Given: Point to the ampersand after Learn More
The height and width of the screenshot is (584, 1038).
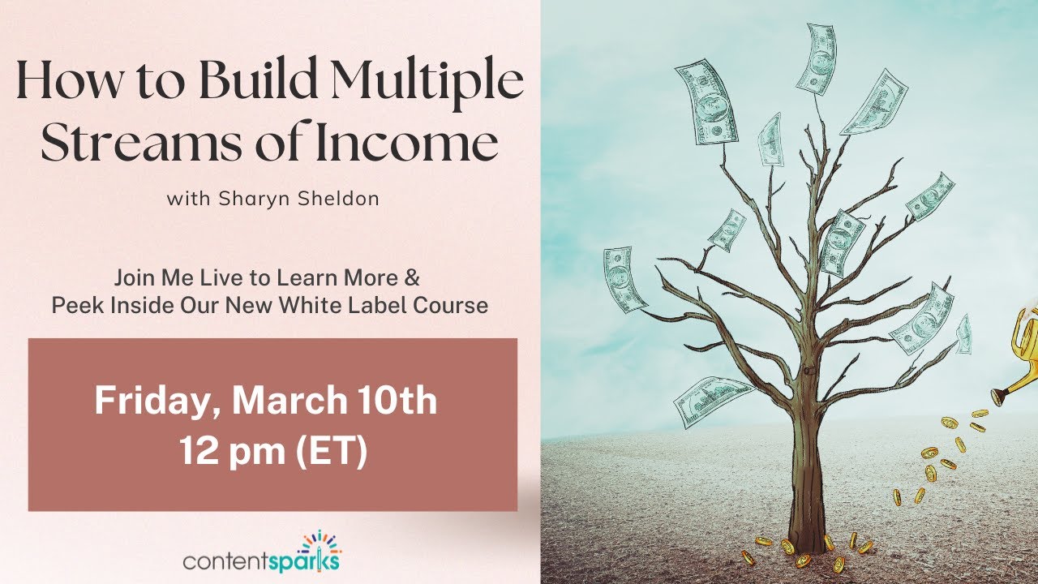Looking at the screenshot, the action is (x=411, y=277).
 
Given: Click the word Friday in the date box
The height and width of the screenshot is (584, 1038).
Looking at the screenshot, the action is (x=152, y=401).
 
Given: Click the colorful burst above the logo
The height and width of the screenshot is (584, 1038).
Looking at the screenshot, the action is (x=320, y=540).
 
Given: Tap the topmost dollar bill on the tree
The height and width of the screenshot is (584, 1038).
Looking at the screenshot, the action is (x=817, y=59).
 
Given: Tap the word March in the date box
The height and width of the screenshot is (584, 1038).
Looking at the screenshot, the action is (x=290, y=400).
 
